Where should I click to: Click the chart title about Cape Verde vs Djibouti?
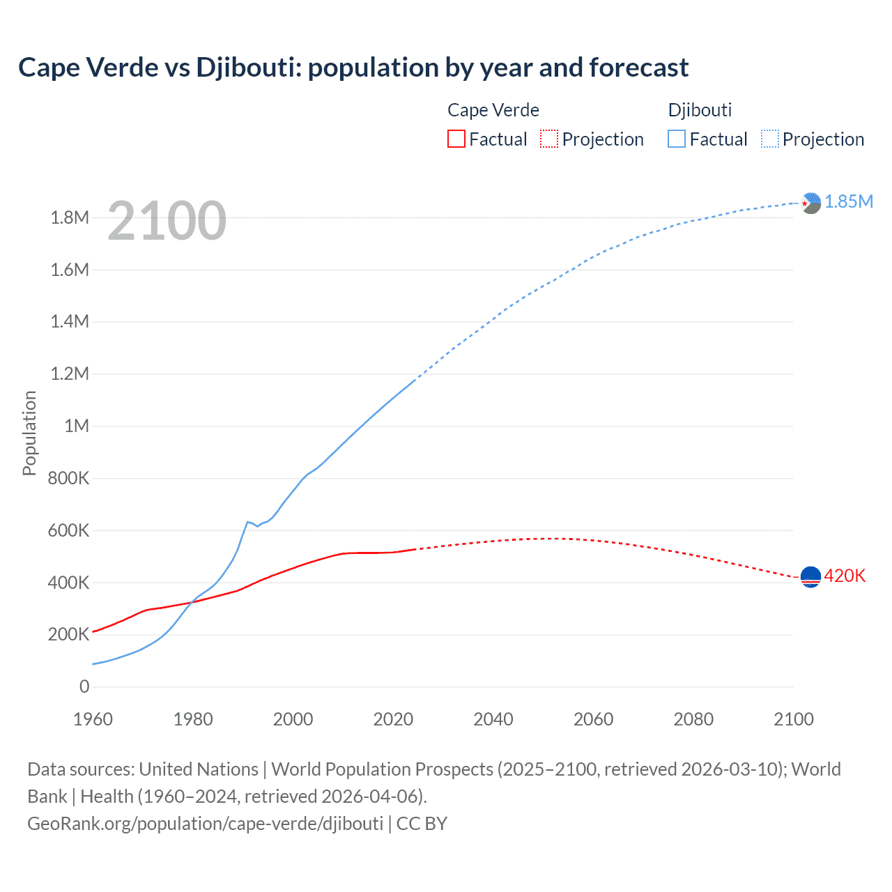point(353,68)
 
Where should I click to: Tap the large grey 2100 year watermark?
point(167,221)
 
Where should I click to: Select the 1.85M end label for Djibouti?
point(848,201)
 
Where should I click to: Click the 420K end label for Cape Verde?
point(845,576)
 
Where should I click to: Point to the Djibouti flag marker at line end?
point(810,203)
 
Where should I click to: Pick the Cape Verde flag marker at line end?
point(810,577)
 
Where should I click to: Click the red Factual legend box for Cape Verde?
point(456,139)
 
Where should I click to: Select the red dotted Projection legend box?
point(549,139)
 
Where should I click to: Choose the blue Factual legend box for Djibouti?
point(677,139)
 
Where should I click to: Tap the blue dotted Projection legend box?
point(770,139)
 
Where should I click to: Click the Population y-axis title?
point(29,433)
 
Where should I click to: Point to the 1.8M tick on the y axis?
point(70,217)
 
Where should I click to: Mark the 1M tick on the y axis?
point(77,426)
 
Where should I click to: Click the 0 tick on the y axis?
point(84,686)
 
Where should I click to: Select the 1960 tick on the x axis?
point(93,719)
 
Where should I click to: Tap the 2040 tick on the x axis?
point(493,719)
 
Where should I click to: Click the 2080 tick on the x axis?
point(693,719)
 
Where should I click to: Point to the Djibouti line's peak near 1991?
point(247,521)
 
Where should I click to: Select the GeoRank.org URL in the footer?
point(205,823)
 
